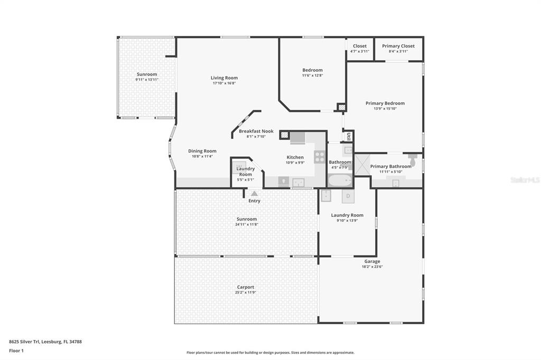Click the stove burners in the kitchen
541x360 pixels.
pos(320,157)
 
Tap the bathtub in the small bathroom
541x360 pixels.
pos(340,181)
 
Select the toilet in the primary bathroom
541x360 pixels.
pos(413,157)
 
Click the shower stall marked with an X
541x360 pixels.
pos(362,165)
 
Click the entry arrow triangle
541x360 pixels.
pos(254,194)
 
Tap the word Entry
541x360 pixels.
pos(254,201)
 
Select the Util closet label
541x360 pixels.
pos(349,136)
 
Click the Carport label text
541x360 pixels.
pos(246,287)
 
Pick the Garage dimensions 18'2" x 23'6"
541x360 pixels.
pos(372,267)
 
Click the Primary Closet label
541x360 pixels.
pos(398,46)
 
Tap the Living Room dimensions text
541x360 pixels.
pos(224,83)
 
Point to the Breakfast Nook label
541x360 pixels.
pos(256,131)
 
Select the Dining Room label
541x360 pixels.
pos(202,151)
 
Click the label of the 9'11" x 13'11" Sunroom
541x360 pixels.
pos(147,74)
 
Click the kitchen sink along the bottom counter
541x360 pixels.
pos(299,183)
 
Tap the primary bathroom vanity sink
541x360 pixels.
pos(396,183)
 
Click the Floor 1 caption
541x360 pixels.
pos(16,350)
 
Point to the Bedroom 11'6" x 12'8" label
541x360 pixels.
pos(312,70)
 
